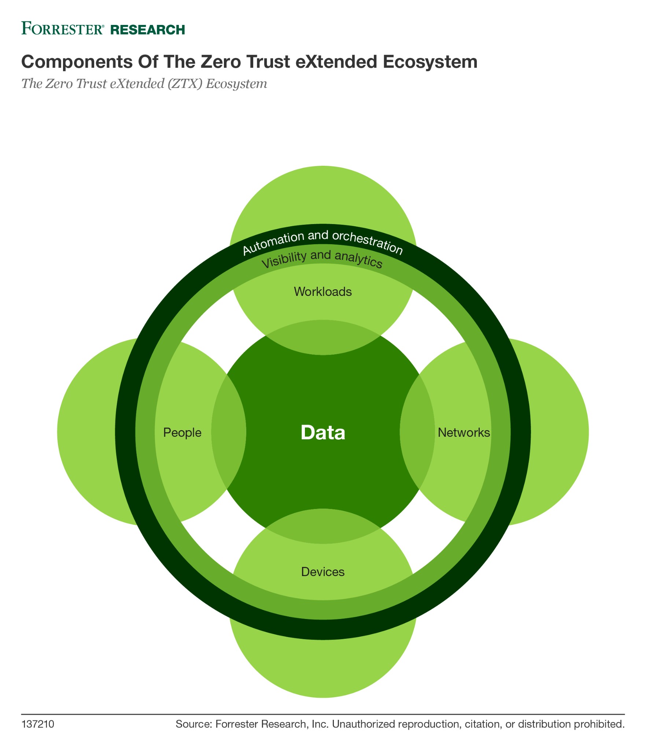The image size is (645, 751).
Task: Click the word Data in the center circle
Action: point(323,432)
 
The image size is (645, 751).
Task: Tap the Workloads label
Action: point(323,292)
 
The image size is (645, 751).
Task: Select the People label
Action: point(182,433)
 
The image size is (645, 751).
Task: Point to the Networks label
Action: point(464,433)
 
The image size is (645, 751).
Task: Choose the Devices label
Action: point(323,572)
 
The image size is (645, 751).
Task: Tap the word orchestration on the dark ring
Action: point(368,241)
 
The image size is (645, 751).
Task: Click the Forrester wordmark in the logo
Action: point(63,29)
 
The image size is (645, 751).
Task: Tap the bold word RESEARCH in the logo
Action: point(148,30)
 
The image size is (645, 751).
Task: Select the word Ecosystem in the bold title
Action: point(430,62)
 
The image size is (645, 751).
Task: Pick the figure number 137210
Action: point(38,724)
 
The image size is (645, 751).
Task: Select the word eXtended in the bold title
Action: point(336,62)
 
